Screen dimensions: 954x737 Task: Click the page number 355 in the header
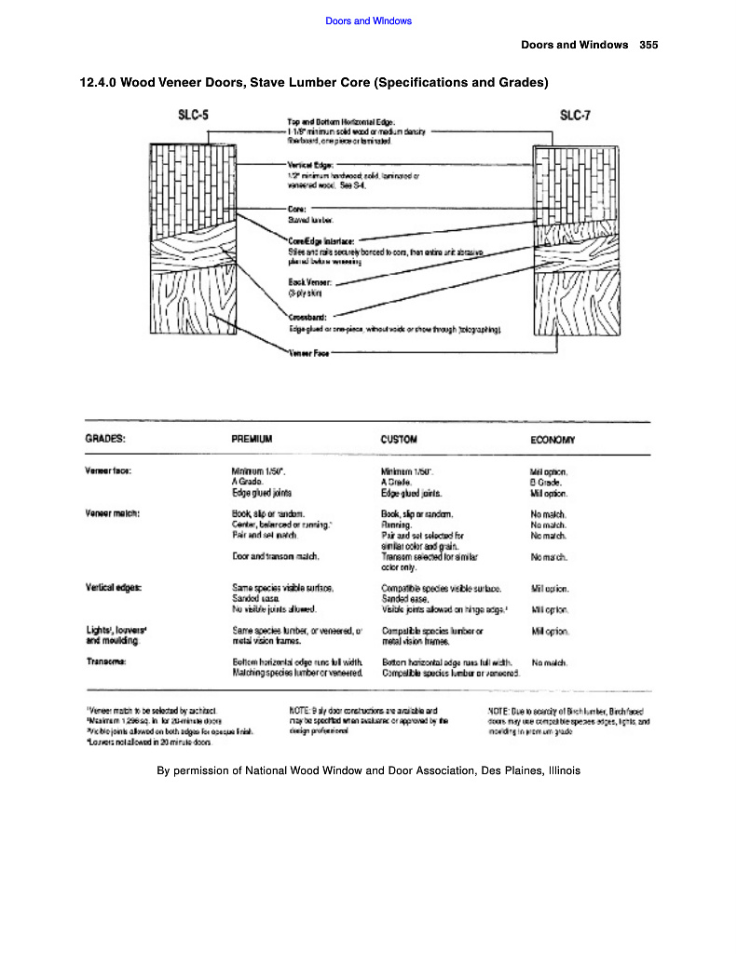[x=649, y=45]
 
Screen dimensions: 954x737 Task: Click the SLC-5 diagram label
[x=193, y=116]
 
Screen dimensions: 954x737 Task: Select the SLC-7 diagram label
[x=575, y=116]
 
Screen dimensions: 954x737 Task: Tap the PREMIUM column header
[x=252, y=439]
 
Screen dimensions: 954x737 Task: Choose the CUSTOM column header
[x=399, y=439]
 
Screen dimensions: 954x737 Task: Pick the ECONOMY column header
[x=553, y=439]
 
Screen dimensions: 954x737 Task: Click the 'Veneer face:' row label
[x=108, y=470]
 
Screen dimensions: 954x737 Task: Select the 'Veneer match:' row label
[x=112, y=513]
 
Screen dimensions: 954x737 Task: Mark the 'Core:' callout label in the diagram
[x=298, y=211]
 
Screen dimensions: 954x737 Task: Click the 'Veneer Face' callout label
[x=309, y=354]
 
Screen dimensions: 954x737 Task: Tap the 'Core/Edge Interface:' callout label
[x=322, y=241]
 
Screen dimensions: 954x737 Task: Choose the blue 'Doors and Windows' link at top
[x=368, y=20]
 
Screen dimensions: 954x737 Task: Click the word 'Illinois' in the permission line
[x=559, y=770]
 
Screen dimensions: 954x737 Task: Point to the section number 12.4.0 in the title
[x=99, y=83]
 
